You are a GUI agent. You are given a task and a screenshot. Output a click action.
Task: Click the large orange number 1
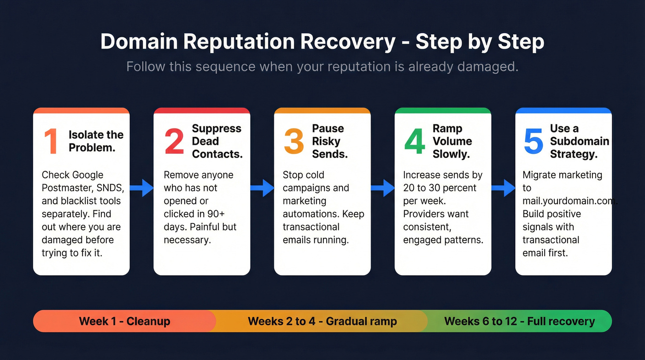(x=51, y=142)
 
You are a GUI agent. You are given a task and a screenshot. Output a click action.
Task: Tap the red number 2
(x=174, y=142)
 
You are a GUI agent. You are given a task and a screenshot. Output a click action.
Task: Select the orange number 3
(x=294, y=142)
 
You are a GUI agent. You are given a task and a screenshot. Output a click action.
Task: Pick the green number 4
(x=415, y=142)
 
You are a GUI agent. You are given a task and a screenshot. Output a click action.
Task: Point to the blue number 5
(x=534, y=142)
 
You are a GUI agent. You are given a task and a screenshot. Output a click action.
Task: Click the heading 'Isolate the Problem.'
(x=96, y=141)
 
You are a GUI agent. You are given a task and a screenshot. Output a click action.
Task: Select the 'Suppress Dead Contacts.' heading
(x=217, y=141)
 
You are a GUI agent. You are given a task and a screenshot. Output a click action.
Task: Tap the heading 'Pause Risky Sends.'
(x=329, y=141)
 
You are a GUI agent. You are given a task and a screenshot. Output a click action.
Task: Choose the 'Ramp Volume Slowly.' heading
(x=452, y=141)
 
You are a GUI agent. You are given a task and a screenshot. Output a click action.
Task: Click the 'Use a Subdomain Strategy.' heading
(x=579, y=141)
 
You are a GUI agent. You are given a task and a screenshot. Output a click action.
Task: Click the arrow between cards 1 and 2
(x=141, y=188)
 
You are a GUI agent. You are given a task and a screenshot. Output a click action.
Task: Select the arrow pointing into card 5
(x=503, y=188)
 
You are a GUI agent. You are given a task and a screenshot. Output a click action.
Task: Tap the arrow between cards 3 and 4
(x=383, y=188)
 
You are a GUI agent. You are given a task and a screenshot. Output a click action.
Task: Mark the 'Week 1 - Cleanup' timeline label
(x=124, y=321)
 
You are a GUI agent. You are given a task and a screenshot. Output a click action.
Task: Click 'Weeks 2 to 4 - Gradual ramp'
(x=322, y=321)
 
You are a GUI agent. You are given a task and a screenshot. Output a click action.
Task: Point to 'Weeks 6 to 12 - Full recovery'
(x=519, y=321)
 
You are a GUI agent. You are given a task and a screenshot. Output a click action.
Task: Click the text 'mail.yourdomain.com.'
(x=569, y=201)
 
